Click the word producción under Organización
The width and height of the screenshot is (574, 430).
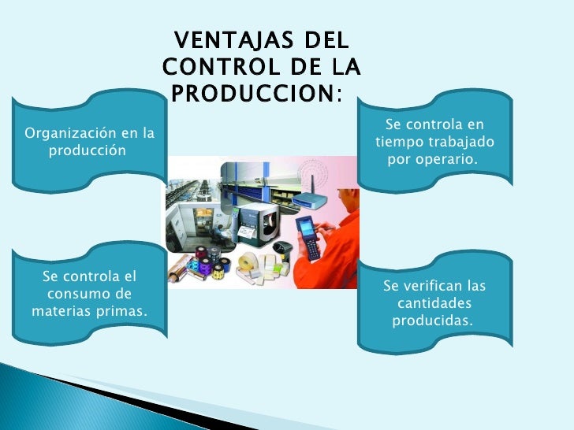point(87,150)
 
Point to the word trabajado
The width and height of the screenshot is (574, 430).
point(464,143)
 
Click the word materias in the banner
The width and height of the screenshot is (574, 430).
point(61,311)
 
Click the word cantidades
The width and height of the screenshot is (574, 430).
point(434,303)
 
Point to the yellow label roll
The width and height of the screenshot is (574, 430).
point(254,262)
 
